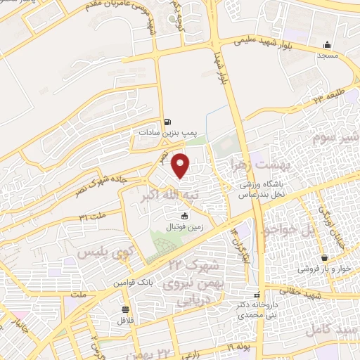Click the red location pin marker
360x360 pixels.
pyautogui.click(x=181, y=165)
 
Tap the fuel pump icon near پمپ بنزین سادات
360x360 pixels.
pyautogui.click(x=166, y=120)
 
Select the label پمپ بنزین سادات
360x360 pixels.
pyautogui.click(x=163, y=131)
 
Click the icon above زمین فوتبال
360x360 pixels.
pyautogui.click(x=185, y=216)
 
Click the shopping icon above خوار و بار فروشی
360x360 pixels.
pyautogui.click(x=324, y=257)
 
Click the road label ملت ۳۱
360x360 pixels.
pyautogui.click(x=93, y=214)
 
